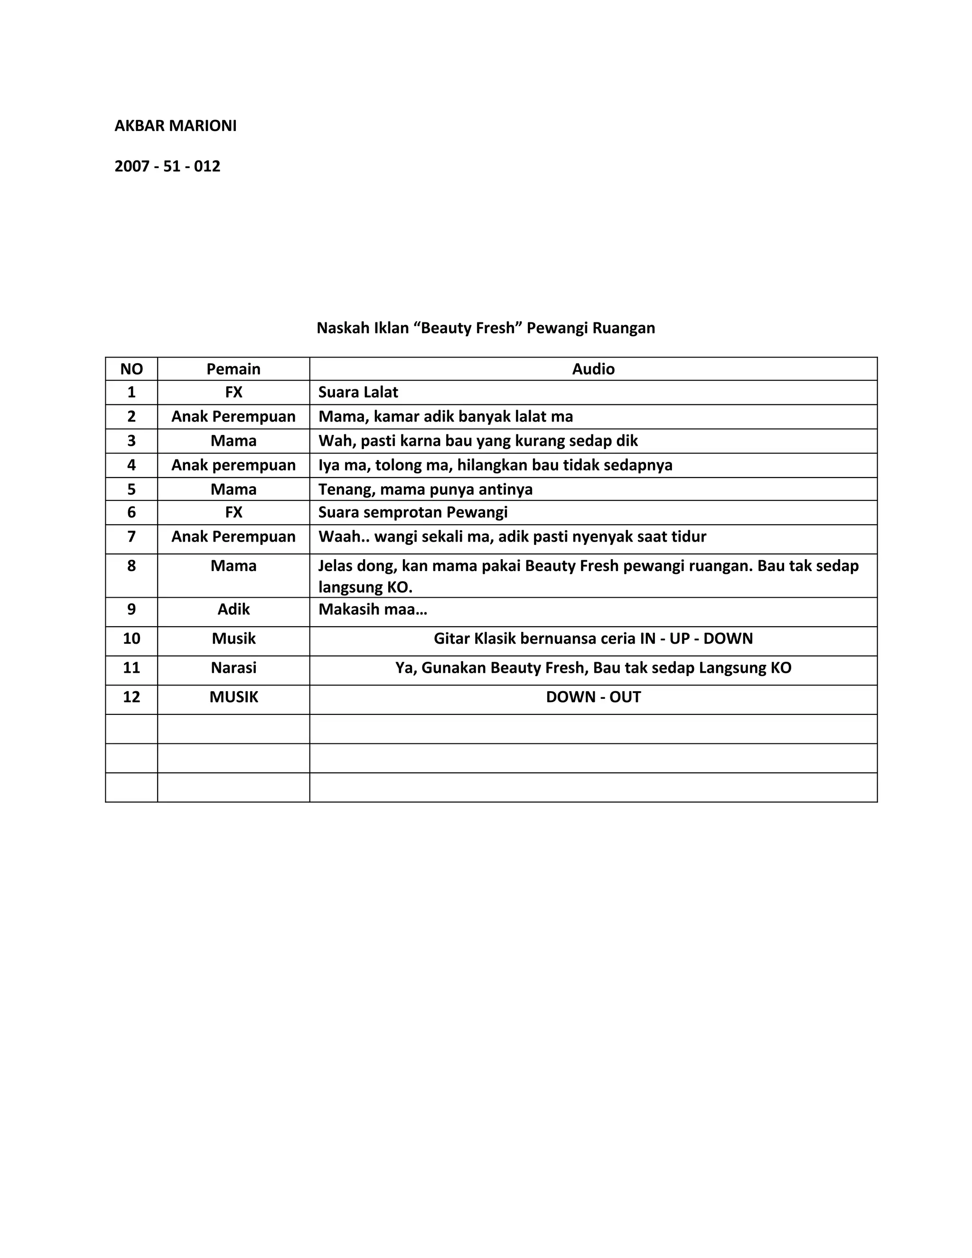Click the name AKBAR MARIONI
(175, 126)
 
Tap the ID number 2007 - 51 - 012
(167, 167)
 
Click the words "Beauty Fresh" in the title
(467, 328)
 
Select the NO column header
(131, 369)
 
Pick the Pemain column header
(233, 369)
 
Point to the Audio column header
(593, 369)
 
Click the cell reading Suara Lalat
(358, 392)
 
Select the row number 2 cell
(131, 416)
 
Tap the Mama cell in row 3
(233, 441)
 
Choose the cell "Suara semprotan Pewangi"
(413, 512)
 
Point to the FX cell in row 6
(233, 512)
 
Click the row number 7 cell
(131, 536)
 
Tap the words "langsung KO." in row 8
(365, 587)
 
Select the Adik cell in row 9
(233, 609)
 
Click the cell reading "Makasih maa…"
(373, 609)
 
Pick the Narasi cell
(233, 667)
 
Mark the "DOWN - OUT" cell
(593, 697)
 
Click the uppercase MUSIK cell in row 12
(233, 697)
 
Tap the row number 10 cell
(131, 638)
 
